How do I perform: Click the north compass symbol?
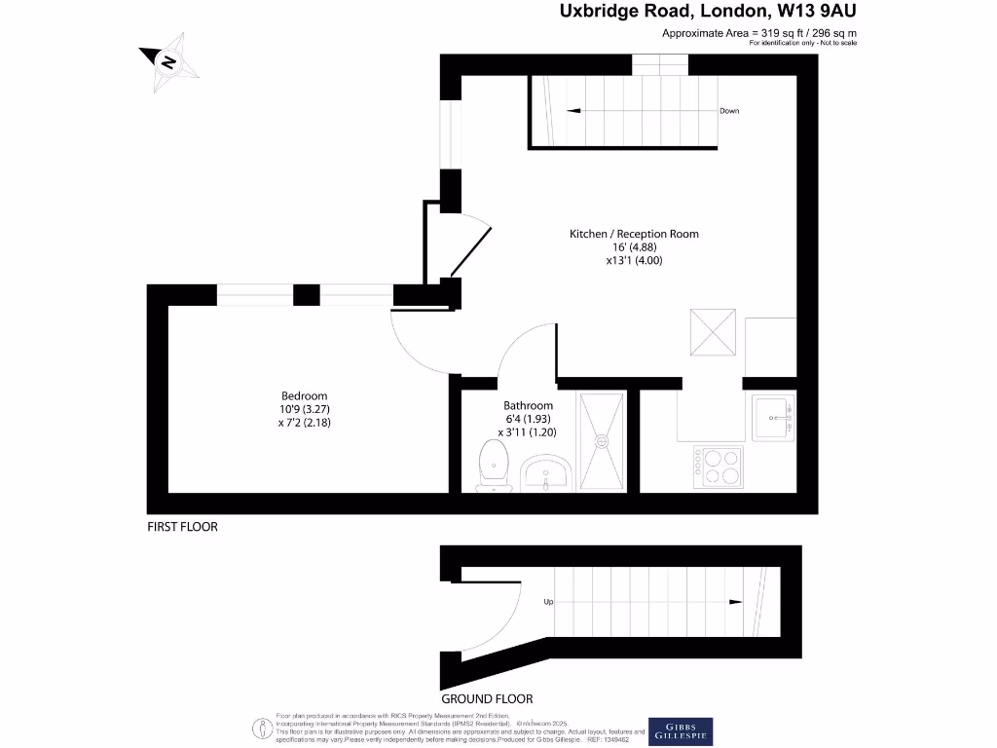pos(168,62)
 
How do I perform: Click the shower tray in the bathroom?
pos(603,441)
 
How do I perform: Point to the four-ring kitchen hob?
pos(717,467)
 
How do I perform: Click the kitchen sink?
pos(774,416)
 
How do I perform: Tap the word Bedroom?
pos(304,395)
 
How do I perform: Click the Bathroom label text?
pos(528,405)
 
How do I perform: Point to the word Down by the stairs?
pos(729,111)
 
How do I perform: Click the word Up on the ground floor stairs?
pos(548,602)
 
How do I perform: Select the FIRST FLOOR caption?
pos(182,527)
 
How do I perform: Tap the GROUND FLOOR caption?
pos(487,698)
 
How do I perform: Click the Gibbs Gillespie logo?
pos(681,730)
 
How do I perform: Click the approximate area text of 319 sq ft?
pos(759,33)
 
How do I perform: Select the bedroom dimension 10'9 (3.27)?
pos(304,409)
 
